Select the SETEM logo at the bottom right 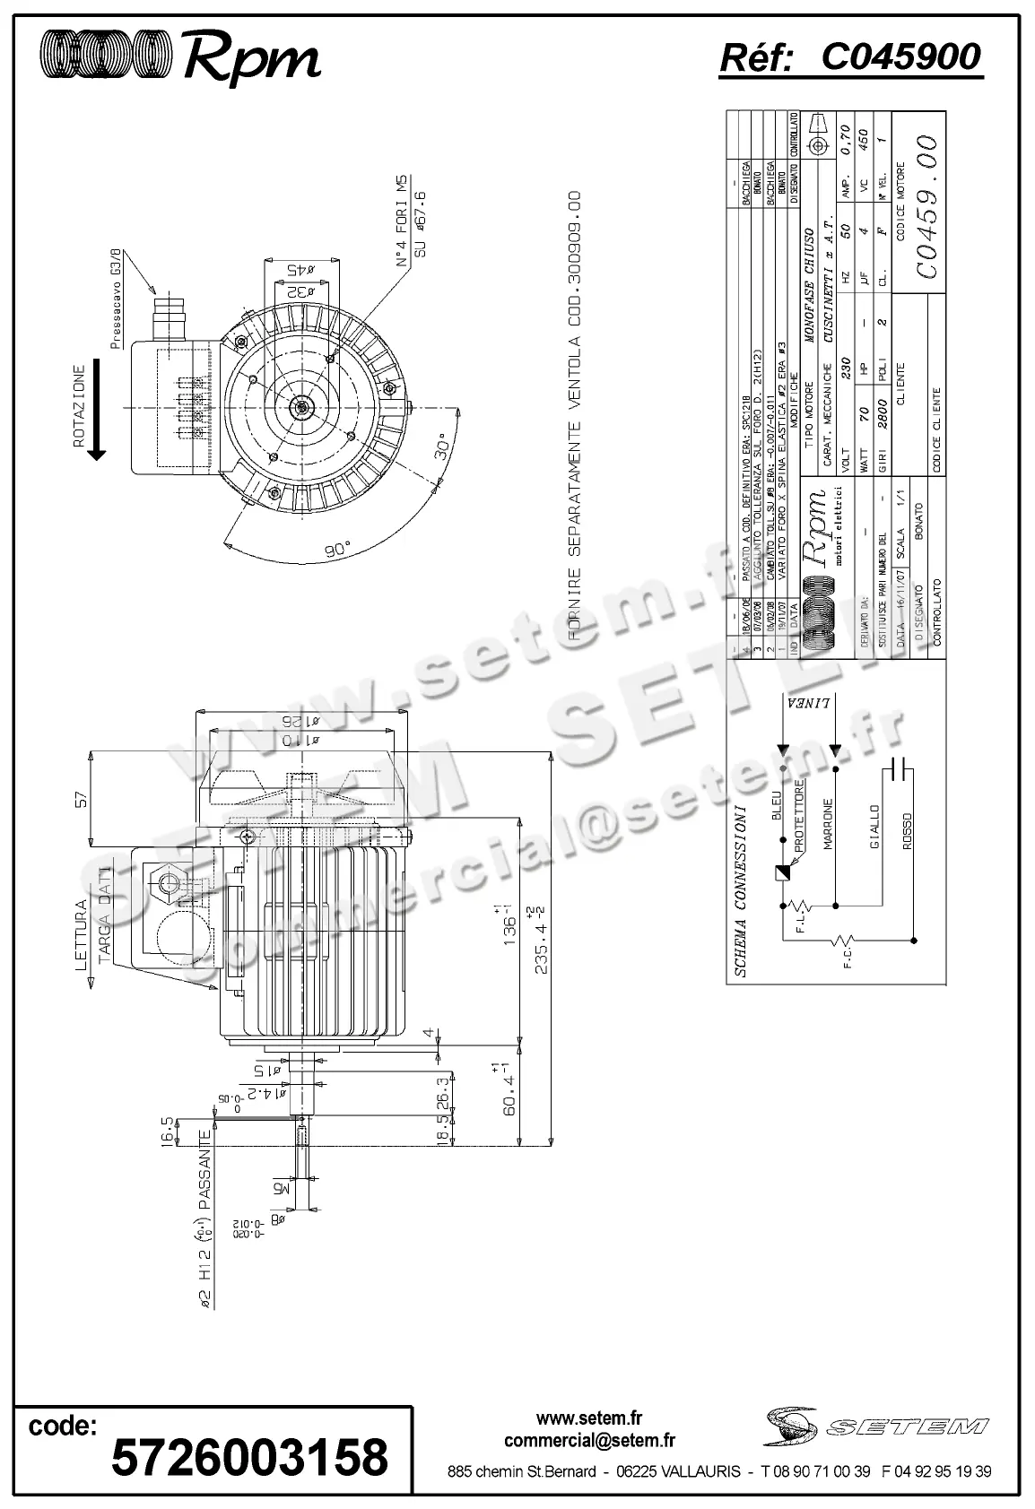(x=877, y=1427)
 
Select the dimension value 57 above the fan (x=79, y=798)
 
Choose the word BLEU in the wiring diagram (x=776, y=805)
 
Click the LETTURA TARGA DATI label (x=93, y=932)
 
